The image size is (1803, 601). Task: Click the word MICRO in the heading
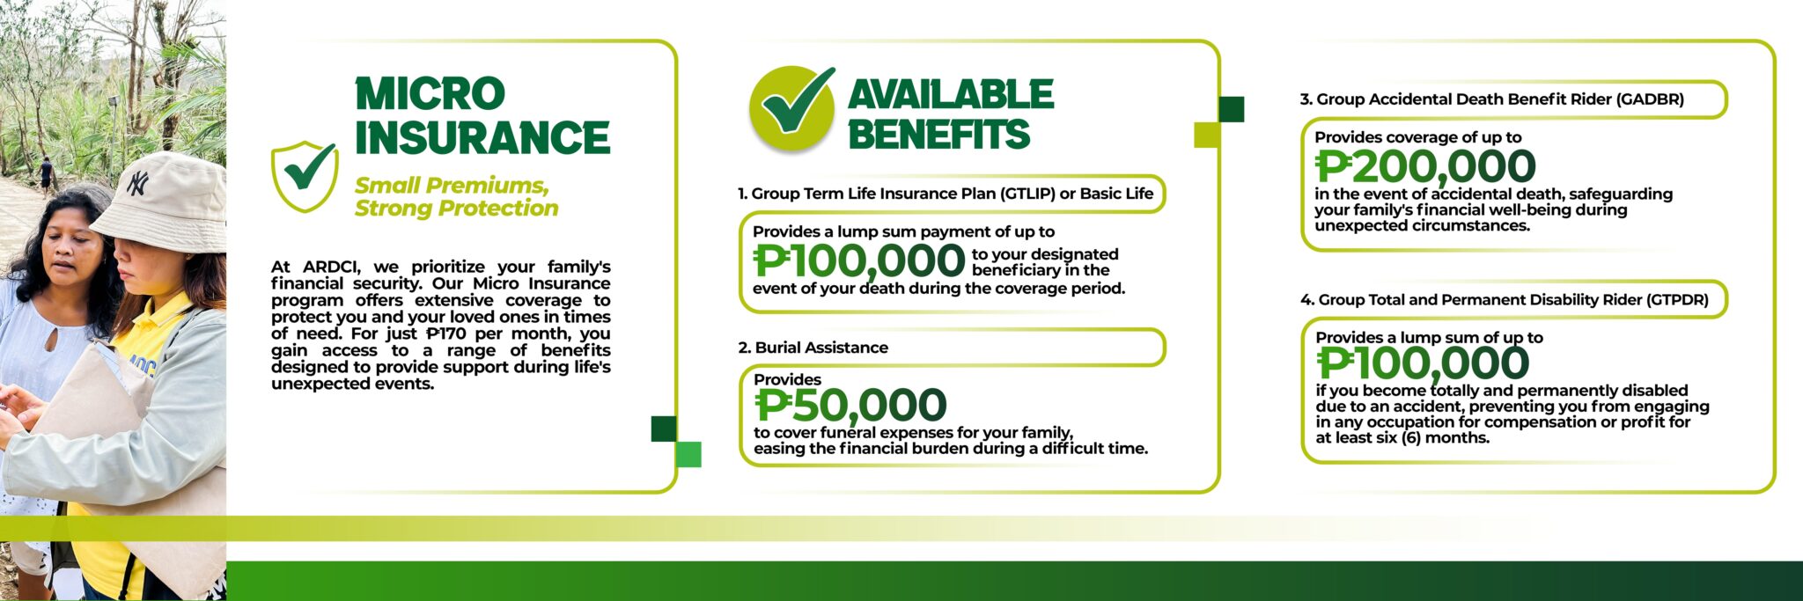click(430, 94)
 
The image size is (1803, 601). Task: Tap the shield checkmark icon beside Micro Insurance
click(305, 176)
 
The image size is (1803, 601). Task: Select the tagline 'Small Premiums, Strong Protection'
click(456, 196)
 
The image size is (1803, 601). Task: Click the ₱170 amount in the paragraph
click(445, 333)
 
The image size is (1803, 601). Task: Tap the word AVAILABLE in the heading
click(951, 94)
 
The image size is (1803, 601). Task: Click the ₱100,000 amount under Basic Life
click(859, 260)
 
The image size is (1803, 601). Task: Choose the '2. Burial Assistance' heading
click(813, 348)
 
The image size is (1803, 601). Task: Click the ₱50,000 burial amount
click(850, 406)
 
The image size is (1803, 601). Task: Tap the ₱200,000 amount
click(1425, 166)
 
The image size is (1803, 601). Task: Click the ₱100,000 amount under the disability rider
click(1423, 363)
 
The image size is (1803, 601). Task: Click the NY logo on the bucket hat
click(138, 183)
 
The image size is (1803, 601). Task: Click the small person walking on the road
click(45, 173)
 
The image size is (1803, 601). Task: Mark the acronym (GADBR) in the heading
click(1650, 99)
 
